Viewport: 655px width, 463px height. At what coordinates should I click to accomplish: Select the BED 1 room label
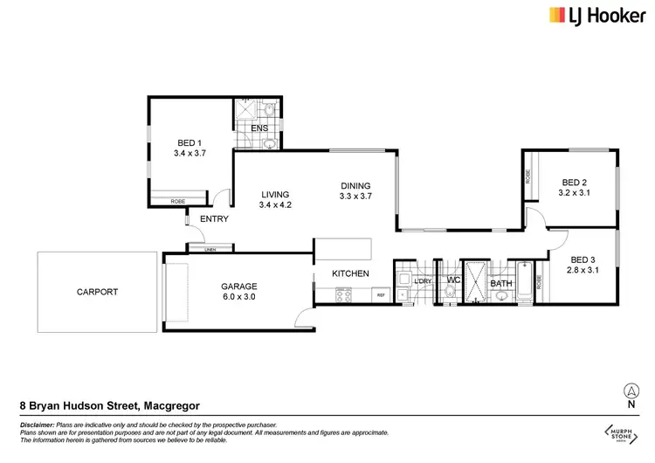188,143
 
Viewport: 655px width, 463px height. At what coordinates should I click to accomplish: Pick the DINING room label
355,185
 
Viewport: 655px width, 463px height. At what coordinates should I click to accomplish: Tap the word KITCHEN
350,273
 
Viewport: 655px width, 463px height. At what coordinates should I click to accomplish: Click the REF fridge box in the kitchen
381,296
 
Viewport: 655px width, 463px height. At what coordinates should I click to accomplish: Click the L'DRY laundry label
422,280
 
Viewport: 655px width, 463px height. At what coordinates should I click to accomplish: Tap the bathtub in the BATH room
524,281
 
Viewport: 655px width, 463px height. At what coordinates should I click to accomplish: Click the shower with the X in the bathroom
475,281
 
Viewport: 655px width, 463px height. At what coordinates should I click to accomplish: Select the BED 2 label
573,183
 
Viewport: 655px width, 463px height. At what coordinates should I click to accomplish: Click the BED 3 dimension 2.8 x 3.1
583,271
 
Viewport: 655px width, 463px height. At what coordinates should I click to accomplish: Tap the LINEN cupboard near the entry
210,251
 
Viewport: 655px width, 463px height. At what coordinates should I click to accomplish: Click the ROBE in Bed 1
177,202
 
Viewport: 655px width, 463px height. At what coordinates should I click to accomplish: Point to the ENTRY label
214,219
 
